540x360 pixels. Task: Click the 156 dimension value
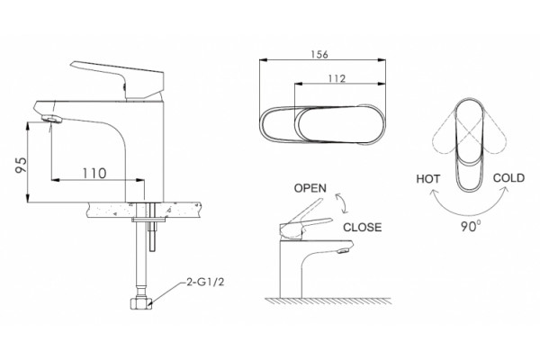(319, 54)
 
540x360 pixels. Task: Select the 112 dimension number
(337, 78)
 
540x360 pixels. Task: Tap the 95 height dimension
(21, 166)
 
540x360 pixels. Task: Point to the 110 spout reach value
(94, 173)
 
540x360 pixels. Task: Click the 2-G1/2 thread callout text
(205, 282)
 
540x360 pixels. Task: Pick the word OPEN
(310, 188)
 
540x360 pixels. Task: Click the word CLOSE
(363, 227)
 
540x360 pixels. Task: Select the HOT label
(428, 179)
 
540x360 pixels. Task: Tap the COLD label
(508, 178)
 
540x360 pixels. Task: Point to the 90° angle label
(471, 226)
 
